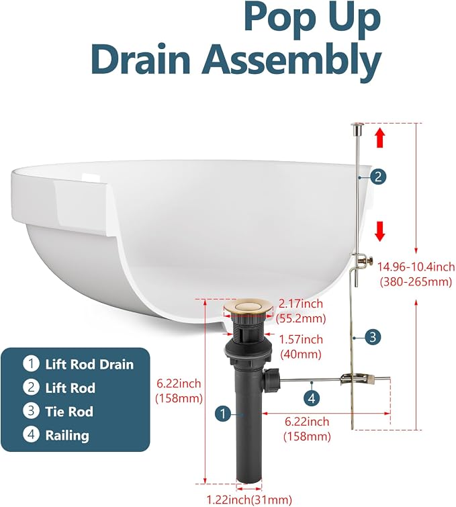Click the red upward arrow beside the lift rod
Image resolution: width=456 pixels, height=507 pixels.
(381, 138)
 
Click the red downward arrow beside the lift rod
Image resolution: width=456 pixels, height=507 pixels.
(380, 231)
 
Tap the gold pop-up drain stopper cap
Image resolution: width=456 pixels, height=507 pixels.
(248, 307)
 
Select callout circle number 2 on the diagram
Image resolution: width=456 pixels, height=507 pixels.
(378, 177)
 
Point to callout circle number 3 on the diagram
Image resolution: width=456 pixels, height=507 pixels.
(373, 337)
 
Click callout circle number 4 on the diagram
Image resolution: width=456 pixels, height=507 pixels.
(312, 398)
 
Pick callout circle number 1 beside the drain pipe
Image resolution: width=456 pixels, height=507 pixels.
(223, 413)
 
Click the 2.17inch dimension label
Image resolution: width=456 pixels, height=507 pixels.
(301, 304)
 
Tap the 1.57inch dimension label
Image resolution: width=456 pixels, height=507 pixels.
(301, 340)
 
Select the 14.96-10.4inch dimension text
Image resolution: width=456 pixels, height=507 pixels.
(416, 267)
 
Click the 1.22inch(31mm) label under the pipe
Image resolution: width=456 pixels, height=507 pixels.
(249, 500)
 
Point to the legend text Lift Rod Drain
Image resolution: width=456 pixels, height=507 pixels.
(89, 365)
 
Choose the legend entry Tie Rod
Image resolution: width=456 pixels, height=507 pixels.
(69, 412)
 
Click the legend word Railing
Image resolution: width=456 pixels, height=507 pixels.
(67, 435)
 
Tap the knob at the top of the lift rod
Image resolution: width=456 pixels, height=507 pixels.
(357, 128)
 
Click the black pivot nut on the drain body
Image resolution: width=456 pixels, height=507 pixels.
(271, 379)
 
